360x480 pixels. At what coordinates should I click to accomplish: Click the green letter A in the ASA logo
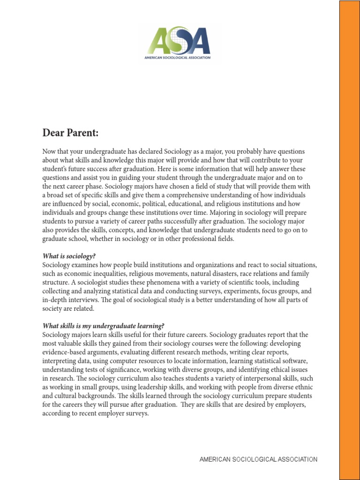coord(158,41)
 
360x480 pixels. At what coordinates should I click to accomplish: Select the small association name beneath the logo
coord(177,58)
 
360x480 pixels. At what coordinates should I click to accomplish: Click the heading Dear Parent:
coord(70,133)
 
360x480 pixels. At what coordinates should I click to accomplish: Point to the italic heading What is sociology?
coord(69,256)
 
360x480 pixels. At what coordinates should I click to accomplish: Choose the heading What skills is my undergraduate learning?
coord(104,326)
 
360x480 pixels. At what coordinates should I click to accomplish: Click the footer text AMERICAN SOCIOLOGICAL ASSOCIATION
coord(258,460)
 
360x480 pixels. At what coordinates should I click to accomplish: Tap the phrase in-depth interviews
coord(71,300)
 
